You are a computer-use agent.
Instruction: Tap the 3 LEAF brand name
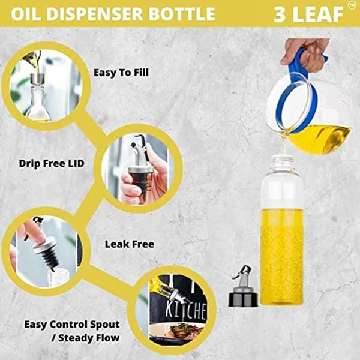click(307, 14)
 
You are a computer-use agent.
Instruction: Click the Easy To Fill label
click(121, 73)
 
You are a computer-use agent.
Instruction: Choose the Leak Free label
click(129, 244)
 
